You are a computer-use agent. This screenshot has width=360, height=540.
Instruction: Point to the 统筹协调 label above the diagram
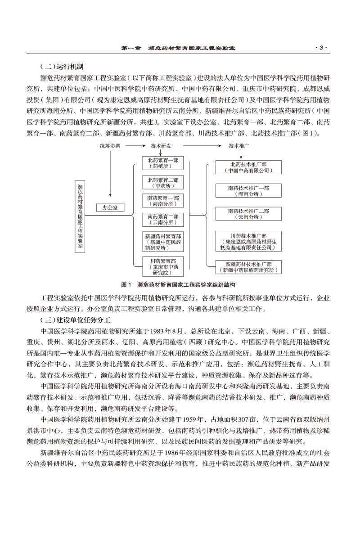click(110, 146)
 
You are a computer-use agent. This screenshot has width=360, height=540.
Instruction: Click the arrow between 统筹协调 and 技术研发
click(134, 146)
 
